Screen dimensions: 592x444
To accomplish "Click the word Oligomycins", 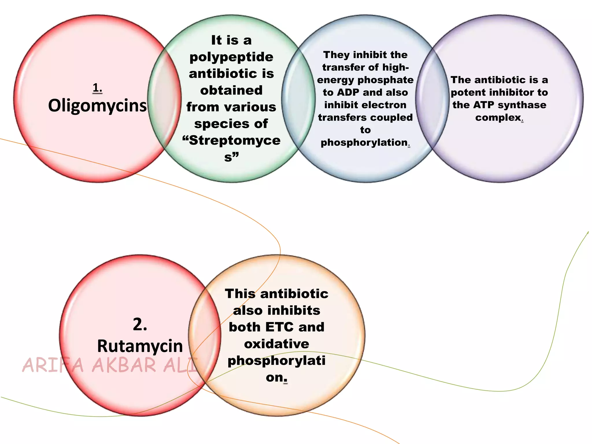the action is point(97,106).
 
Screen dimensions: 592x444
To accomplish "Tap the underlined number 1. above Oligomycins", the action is point(97,88).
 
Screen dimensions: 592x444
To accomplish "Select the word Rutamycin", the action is point(140,346).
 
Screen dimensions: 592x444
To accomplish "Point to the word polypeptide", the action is point(231,57).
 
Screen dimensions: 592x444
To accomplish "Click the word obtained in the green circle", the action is point(231,90).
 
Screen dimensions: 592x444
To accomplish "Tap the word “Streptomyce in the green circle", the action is point(231,140).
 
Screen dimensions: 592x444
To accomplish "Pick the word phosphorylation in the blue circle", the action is point(364,143).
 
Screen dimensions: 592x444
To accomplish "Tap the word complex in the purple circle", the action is point(498,117).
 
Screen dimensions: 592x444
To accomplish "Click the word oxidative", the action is point(277,344).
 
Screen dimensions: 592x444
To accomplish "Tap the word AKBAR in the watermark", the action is point(124,365).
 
